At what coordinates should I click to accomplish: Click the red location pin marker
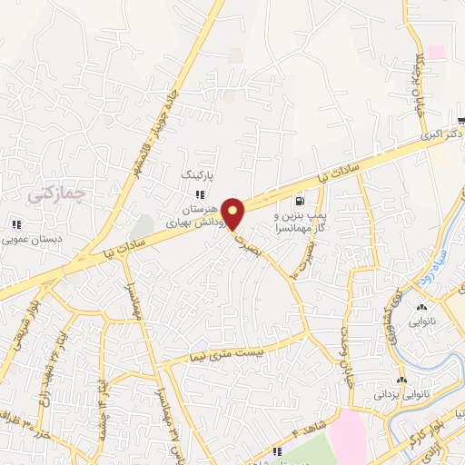coord(233,214)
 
